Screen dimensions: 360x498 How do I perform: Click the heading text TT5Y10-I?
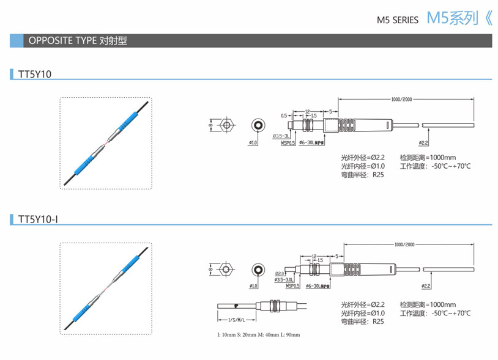38,218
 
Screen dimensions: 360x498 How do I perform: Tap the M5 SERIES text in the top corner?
398,20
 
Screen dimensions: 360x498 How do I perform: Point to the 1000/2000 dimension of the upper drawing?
401,99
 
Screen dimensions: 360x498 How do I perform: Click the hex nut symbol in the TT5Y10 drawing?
227,126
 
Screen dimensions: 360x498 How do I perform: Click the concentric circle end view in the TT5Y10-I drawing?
258,270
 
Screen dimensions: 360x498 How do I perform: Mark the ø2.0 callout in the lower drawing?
280,273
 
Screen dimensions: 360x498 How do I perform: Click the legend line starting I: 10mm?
259,335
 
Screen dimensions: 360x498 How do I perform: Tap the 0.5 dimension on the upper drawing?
284,115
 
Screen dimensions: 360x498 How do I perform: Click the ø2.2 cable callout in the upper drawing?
423,142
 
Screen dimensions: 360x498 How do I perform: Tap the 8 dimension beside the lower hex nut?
210,269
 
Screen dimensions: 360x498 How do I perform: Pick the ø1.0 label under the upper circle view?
253,142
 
